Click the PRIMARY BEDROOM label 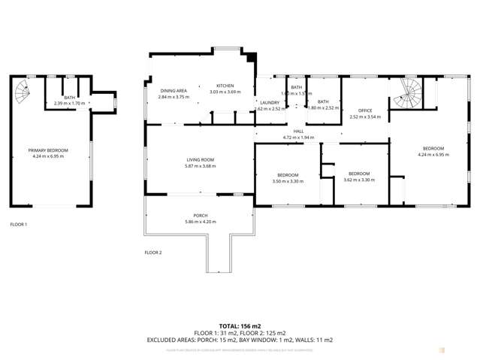pos(48,150)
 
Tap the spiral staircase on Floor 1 pos(23,94)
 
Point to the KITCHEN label pos(225,86)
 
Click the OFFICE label pos(364,110)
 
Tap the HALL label pos(298,131)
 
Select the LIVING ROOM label pos(201,159)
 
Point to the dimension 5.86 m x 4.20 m pos(200,222)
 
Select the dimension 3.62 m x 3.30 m pos(358,180)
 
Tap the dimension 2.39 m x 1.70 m pos(69,104)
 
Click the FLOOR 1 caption pos(18,225)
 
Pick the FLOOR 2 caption pos(153,253)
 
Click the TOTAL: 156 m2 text pos(240,325)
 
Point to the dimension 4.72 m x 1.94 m pos(298,138)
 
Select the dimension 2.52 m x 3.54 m pos(364,117)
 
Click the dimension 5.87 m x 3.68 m pos(201,166)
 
